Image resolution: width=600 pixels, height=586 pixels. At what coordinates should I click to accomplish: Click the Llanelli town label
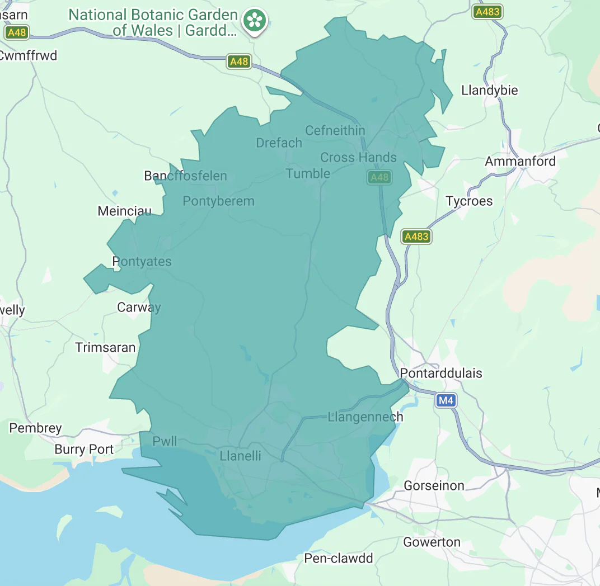click(x=241, y=456)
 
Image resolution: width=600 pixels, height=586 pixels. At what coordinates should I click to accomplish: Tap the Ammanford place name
click(x=520, y=162)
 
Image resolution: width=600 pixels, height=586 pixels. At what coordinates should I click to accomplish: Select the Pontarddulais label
click(x=441, y=374)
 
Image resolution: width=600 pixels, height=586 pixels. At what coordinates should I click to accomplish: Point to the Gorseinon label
click(x=434, y=486)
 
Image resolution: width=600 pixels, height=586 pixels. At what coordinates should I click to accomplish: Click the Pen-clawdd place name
click(x=338, y=558)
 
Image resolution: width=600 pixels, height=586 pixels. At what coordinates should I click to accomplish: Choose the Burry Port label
click(x=84, y=450)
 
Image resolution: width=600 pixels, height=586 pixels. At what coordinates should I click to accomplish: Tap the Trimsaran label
click(x=106, y=348)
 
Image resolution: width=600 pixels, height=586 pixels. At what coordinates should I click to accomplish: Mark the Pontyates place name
click(x=142, y=262)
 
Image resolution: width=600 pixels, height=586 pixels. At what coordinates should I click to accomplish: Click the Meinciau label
click(x=124, y=211)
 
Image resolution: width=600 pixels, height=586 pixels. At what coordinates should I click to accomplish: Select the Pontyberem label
click(x=218, y=201)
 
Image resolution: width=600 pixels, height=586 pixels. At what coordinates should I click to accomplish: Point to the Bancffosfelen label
click(x=185, y=176)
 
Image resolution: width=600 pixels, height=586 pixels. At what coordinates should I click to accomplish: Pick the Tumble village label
click(x=308, y=173)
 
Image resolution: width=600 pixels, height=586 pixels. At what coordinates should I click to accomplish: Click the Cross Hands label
click(x=358, y=158)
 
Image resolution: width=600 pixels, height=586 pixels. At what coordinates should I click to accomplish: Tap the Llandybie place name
click(x=489, y=91)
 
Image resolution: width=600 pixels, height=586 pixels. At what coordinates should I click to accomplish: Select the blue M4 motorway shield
click(x=446, y=400)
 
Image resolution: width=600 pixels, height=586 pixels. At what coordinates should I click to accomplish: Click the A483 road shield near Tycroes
click(x=416, y=237)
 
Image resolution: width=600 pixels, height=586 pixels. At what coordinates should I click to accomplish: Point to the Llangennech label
click(x=365, y=417)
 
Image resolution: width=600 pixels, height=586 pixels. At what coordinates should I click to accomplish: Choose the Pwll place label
click(x=165, y=441)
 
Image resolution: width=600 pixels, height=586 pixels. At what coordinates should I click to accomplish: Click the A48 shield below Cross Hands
click(x=379, y=178)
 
